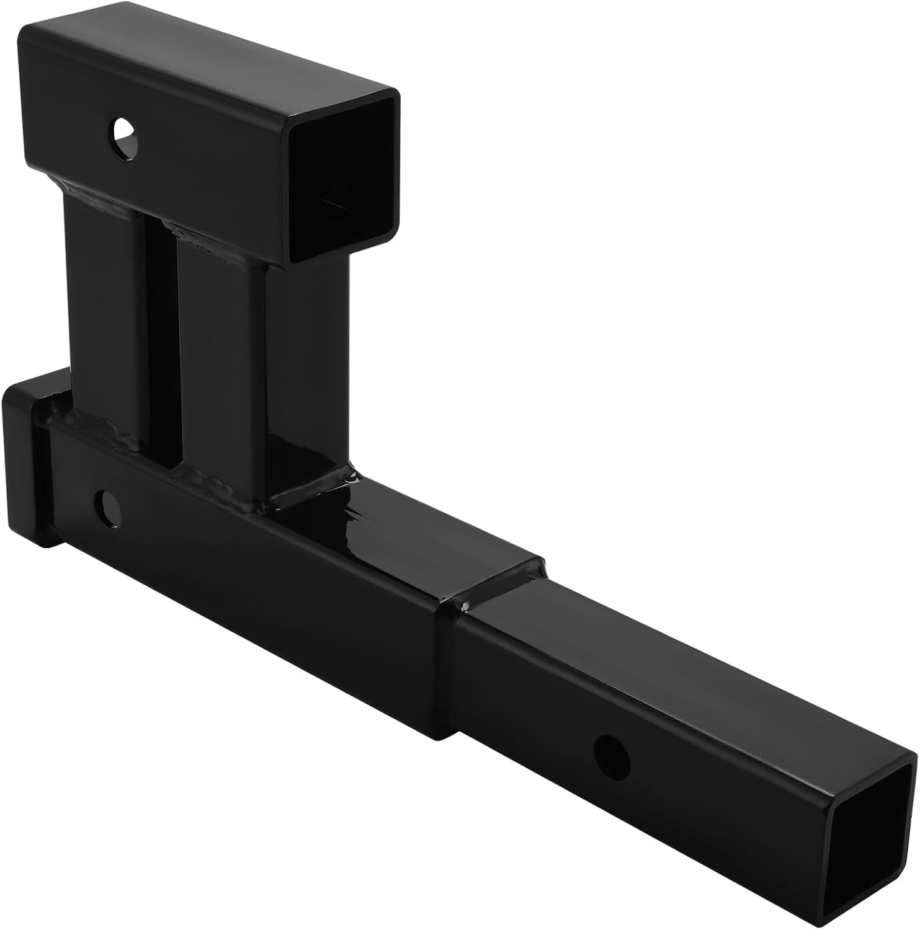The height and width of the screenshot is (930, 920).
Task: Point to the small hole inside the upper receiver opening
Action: click(x=332, y=203)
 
